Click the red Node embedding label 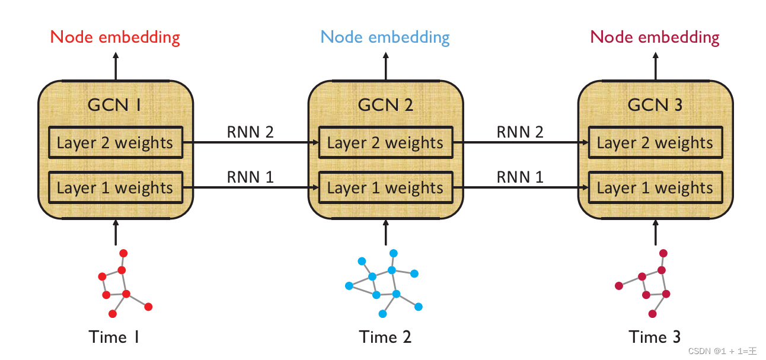pyautogui.click(x=115, y=37)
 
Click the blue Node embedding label pyautogui.click(x=385, y=37)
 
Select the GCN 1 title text pyautogui.click(x=114, y=105)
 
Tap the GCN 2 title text pyautogui.click(x=385, y=105)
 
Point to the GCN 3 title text pyautogui.click(x=655, y=105)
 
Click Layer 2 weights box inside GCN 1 pyautogui.click(x=115, y=142)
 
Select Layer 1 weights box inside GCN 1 pyautogui.click(x=115, y=187)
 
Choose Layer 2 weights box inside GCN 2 pyautogui.click(x=385, y=142)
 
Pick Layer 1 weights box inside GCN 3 pyautogui.click(x=655, y=187)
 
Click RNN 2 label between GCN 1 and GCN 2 pyautogui.click(x=250, y=132)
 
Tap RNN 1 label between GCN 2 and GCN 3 pyautogui.click(x=520, y=177)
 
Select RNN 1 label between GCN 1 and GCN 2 pyautogui.click(x=250, y=177)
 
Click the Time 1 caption pyautogui.click(x=115, y=337)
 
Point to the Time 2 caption pyautogui.click(x=385, y=337)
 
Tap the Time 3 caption pyautogui.click(x=655, y=337)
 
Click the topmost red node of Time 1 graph pyautogui.click(x=123, y=253)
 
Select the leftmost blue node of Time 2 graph pyautogui.click(x=349, y=286)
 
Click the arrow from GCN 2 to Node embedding pyautogui.click(x=385, y=65)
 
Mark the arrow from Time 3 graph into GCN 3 pyautogui.click(x=655, y=232)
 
